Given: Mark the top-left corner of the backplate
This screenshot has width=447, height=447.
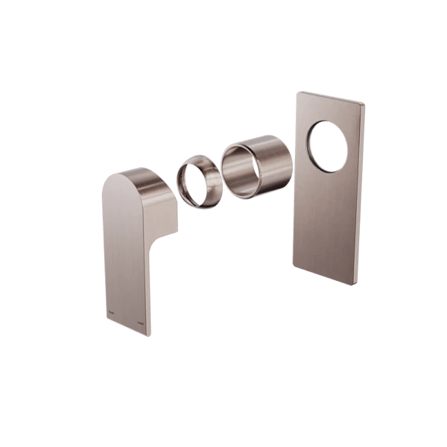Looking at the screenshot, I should [296, 92].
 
